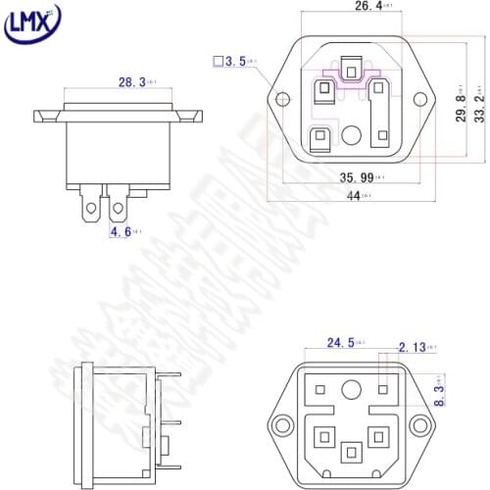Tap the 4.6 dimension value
[x=120, y=231]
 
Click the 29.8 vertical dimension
[x=460, y=100]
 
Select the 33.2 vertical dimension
[x=478, y=100]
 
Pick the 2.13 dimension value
[x=413, y=346]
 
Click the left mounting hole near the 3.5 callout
[x=283, y=100]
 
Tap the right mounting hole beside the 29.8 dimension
[x=423, y=99]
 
